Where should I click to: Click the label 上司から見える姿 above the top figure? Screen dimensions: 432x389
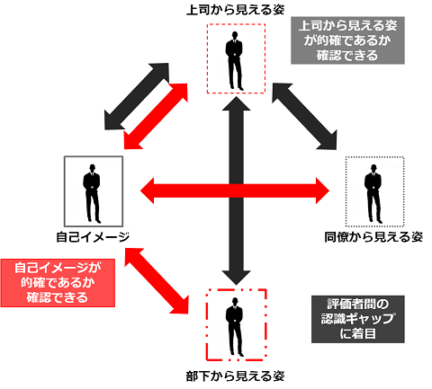[x=236, y=10]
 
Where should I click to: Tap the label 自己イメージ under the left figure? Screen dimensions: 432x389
[x=93, y=237]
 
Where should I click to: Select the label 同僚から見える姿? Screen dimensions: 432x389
[x=373, y=237]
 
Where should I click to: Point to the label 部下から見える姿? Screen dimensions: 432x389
[x=236, y=376]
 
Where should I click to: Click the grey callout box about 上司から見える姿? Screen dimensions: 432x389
[x=347, y=40]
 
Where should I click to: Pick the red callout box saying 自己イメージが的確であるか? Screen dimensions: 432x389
[x=58, y=283]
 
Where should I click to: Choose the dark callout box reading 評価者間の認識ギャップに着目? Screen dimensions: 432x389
[x=358, y=319]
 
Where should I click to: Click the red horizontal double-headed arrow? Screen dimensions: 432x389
[x=235, y=190]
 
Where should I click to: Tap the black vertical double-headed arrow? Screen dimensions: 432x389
[x=237, y=190]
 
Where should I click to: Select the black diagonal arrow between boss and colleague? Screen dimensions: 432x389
[x=304, y=116]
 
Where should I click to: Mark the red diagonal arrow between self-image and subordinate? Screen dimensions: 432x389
[x=157, y=280]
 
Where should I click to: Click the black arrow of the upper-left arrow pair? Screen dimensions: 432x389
[x=137, y=96]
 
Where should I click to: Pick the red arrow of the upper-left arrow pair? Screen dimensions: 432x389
[x=156, y=116]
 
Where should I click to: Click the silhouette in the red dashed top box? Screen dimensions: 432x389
[x=235, y=60]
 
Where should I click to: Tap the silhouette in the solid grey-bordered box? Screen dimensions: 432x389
[x=92, y=193]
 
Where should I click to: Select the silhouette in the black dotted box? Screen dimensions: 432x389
[x=373, y=193]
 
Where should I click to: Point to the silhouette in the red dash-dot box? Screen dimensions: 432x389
[x=235, y=327]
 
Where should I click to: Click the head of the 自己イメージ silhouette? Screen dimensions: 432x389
[x=93, y=168]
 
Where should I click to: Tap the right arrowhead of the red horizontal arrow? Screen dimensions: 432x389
[x=322, y=190]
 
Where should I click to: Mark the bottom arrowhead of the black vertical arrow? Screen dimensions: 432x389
[x=237, y=278]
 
